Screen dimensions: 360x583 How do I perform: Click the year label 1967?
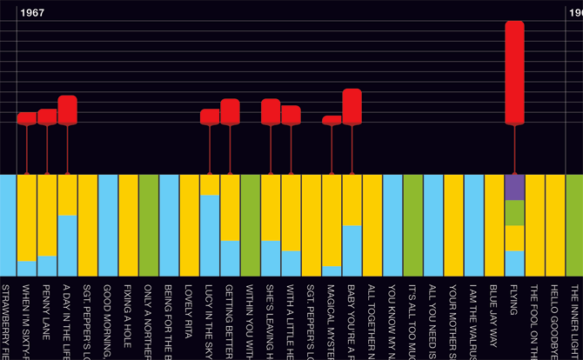(32, 13)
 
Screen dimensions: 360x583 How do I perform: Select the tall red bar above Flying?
(514, 73)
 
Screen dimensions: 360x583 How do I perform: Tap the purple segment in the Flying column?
(514, 187)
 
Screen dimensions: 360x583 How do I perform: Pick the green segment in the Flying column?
(514, 212)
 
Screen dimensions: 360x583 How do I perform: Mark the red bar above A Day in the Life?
(67, 110)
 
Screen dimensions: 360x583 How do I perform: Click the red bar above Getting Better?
(230, 112)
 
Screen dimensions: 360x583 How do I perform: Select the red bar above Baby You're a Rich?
(352, 107)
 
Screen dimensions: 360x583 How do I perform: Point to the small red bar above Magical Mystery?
(332, 121)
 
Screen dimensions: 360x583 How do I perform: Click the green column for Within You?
(251, 225)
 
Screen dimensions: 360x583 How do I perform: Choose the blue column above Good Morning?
(108, 225)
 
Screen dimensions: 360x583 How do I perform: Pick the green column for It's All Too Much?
(412, 225)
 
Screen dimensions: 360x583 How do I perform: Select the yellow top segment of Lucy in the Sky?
(210, 184)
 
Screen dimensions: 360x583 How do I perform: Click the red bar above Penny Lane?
(47, 117)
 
